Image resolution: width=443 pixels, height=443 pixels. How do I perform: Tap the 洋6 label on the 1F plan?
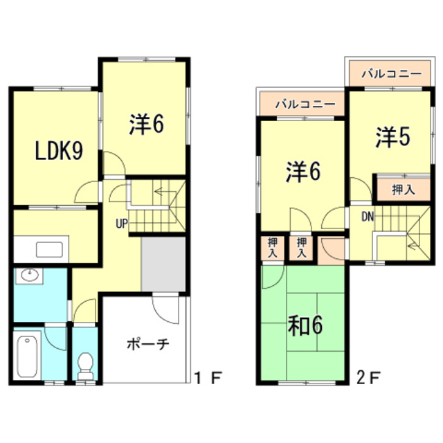(x=147, y=125)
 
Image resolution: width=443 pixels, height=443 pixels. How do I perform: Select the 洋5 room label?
(x=392, y=138)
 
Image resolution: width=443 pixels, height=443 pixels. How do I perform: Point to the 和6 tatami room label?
(x=305, y=325)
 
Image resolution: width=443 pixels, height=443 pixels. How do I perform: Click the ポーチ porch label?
(x=147, y=344)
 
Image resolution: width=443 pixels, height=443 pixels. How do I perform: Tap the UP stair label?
(x=122, y=224)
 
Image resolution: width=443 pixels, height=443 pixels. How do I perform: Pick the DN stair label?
(x=368, y=217)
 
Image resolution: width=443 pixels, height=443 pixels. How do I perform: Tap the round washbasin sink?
(x=29, y=275)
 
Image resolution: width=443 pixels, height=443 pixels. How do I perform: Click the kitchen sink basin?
(x=49, y=250)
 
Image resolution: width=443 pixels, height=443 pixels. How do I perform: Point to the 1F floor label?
(x=208, y=378)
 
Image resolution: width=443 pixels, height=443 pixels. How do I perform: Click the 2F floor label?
(x=368, y=378)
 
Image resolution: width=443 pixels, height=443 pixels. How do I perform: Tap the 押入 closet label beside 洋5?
(x=404, y=190)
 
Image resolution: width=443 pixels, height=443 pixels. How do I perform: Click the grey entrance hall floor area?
(x=163, y=264)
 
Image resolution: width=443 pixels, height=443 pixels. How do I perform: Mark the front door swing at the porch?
(x=165, y=310)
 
